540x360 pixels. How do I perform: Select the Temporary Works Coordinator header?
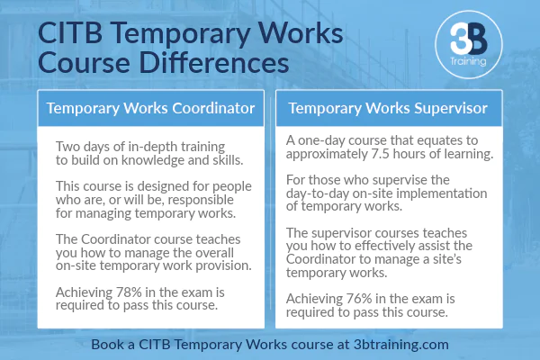click(x=150, y=110)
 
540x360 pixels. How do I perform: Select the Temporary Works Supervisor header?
click(x=388, y=110)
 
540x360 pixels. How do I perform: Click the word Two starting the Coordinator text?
click(x=70, y=147)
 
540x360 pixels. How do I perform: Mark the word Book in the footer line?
click(x=109, y=344)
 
